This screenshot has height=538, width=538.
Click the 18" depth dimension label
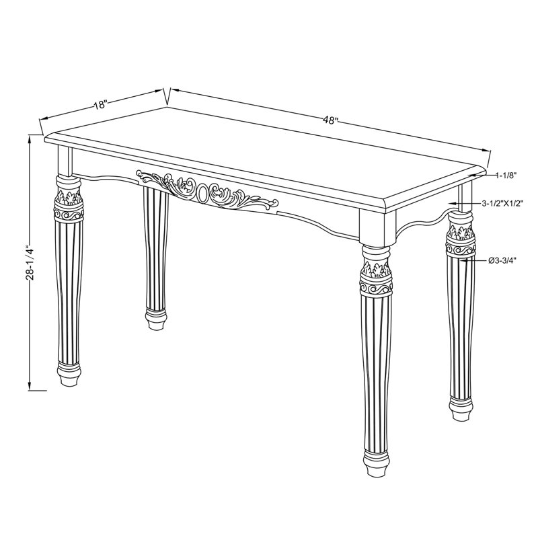coord(102,104)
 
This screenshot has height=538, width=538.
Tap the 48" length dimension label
coord(330,120)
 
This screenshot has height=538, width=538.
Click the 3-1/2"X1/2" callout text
coord(502,204)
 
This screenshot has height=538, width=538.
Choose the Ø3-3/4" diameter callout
coord(502,261)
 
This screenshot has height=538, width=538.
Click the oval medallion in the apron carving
coord(202,194)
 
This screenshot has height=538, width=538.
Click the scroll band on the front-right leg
coord(376,288)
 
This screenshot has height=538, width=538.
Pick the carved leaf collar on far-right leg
coord(460,232)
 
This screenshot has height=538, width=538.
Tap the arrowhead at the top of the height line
coord(30,139)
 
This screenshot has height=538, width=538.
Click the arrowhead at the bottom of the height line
coord(30,386)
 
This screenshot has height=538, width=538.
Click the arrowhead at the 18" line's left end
coord(44,119)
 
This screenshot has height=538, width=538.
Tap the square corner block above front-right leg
coord(377,227)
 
